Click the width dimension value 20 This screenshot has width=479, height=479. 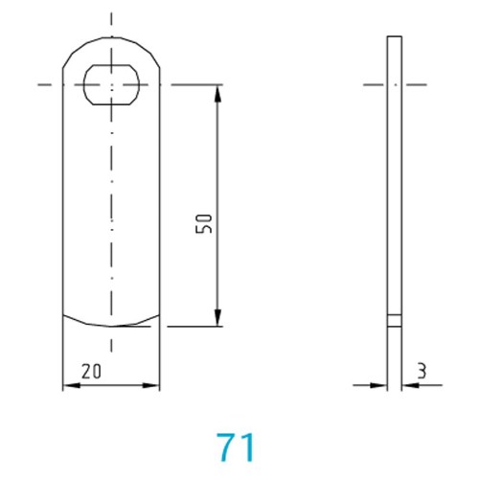90,369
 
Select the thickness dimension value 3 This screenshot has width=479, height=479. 422,369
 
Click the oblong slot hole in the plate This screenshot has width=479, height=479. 111,84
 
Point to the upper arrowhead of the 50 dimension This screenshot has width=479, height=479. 218,92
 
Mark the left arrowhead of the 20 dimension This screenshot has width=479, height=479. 69,386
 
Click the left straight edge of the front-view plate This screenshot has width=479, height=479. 64,192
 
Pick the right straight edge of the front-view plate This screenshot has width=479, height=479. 159,192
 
